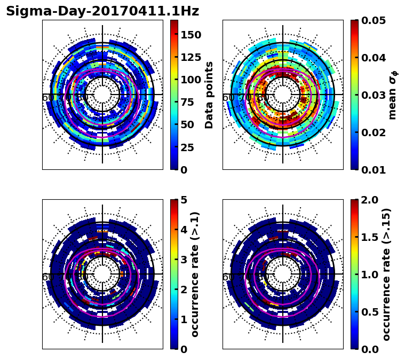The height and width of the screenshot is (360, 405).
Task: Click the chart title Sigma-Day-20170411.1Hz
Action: click(102, 11)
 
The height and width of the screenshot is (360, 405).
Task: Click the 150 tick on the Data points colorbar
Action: click(191, 35)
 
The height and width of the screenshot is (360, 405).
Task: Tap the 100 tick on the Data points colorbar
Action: click(191, 80)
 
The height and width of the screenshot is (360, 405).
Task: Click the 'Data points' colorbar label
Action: click(209, 95)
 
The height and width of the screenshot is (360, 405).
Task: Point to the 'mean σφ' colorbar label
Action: click(392, 95)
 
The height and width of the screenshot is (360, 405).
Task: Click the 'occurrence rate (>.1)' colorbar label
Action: click(195, 274)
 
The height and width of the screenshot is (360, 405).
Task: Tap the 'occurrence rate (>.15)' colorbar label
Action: click(386, 274)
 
